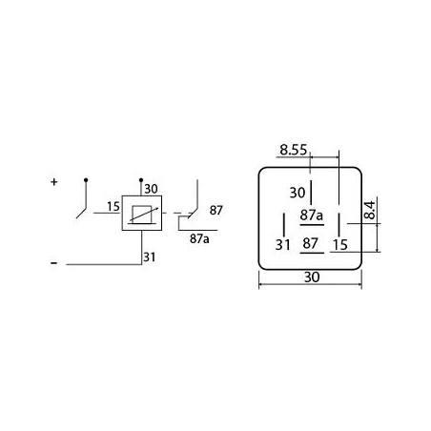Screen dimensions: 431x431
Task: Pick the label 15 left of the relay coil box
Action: (x=113, y=207)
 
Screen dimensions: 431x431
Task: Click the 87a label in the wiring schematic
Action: (x=198, y=238)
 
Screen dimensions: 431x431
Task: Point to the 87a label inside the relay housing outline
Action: (x=311, y=215)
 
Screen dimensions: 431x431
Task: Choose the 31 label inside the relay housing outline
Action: (x=283, y=244)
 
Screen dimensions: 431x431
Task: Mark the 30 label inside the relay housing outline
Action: (x=297, y=191)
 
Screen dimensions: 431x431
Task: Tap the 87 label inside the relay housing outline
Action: (x=310, y=244)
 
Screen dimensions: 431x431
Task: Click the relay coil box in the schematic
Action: (x=142, y=215)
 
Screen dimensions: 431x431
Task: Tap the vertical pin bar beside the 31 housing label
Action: (x=284, y=222)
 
